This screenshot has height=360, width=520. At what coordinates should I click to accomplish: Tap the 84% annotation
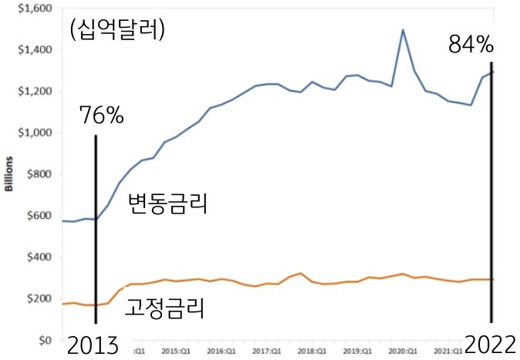[471, 45]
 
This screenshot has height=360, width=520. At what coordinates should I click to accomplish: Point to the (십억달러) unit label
[117, 31]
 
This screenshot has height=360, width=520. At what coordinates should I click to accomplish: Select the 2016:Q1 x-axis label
[220, 351]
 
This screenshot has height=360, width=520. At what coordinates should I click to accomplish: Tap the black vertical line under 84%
[491, 193]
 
